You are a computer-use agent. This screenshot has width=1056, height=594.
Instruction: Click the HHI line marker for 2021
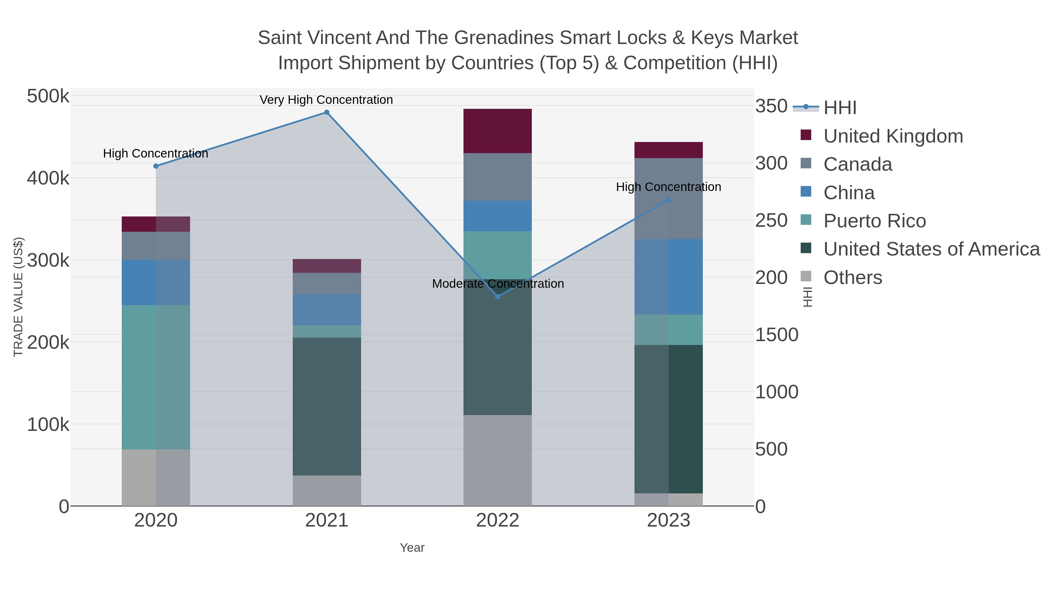[x=327, y=112]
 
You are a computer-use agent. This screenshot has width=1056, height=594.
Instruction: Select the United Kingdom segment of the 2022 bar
[x=498, y=131]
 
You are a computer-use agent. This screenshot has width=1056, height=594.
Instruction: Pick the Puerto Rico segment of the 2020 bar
[x=156, y=377]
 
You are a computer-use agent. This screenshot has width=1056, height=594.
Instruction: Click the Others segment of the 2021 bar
[x=327, y=491]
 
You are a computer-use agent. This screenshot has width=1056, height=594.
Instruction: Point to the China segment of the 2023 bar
[x=669, y=277]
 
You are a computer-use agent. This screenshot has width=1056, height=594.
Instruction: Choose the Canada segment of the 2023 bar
[x=669, y=198]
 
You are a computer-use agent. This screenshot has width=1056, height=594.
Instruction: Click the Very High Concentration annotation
[x=326, y=100]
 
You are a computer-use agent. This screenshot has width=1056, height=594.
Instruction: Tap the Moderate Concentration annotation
[x=498, y=284]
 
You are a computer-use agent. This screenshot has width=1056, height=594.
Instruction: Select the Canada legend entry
[x=858, y=164]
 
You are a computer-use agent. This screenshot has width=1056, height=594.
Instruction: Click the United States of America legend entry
[x=931, y=249]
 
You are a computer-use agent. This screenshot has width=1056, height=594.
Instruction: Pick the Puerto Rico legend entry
[x=874, y=221]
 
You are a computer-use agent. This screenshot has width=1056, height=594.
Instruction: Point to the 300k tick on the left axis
[x=48, y=260]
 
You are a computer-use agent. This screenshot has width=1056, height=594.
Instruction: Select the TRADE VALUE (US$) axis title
[x=18, y=297]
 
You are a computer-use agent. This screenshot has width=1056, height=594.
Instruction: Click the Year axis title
[x=412, y=548]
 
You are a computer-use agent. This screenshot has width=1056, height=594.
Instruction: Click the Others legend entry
[x=853, y=277]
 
